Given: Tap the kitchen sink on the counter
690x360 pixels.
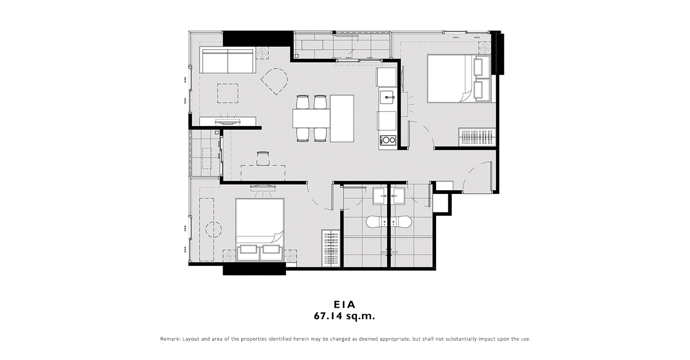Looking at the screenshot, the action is pos(387,97).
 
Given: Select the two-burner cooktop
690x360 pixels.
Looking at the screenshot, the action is pos(388,140).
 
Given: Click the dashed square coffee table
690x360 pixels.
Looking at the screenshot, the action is pos(228,94).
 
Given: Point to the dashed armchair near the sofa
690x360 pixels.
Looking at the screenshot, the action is pos(275,81).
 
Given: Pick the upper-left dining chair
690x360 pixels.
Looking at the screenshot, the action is pos(302,102).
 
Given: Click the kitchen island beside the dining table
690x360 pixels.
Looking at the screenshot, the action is pos(342,118).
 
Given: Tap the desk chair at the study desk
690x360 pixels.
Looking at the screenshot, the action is pos(263,158).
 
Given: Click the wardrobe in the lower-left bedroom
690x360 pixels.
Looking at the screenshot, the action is pos(331,248).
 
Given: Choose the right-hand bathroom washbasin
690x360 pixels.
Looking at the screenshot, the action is pos(400,196).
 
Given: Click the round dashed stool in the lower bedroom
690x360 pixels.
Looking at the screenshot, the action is pos(213,229).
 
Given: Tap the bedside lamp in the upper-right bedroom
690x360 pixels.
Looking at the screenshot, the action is pos(485,48).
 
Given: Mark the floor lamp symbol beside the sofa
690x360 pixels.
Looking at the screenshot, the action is pos(262,53).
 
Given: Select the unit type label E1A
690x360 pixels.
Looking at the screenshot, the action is pos(344,304).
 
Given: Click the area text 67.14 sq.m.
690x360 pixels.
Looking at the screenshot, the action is pos(344,316).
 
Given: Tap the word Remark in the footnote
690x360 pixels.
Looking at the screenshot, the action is pos(170,339).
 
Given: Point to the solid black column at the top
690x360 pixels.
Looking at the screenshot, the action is pos(258,39).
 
